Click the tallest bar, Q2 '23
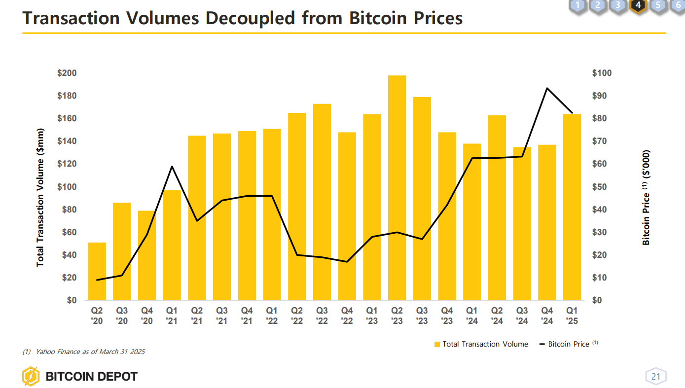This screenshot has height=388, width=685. (x=397, y=187)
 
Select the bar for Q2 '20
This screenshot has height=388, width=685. (x=97, y=271)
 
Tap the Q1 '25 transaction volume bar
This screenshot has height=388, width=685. (x=572, y=207)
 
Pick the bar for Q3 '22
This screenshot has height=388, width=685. (x=322, y=202)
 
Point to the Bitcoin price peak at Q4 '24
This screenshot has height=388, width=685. (x=547, y=88)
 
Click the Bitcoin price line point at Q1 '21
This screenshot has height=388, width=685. (x=172, y=166)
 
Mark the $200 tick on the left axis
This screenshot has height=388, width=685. (x=67, y=73)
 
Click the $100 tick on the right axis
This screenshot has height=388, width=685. (x=602, y=73)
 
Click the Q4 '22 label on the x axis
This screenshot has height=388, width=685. (x=347, y=316)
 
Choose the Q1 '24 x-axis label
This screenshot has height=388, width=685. (x=472, y=316)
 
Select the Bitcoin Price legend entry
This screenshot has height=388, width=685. (x=568, y=344)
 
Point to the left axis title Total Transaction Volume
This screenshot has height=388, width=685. (x=40, y=197)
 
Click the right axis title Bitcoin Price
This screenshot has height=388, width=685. (x=646, y=197)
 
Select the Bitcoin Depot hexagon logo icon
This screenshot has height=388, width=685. (x=31, y=377)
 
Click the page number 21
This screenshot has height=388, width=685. (x=655, y=377)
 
